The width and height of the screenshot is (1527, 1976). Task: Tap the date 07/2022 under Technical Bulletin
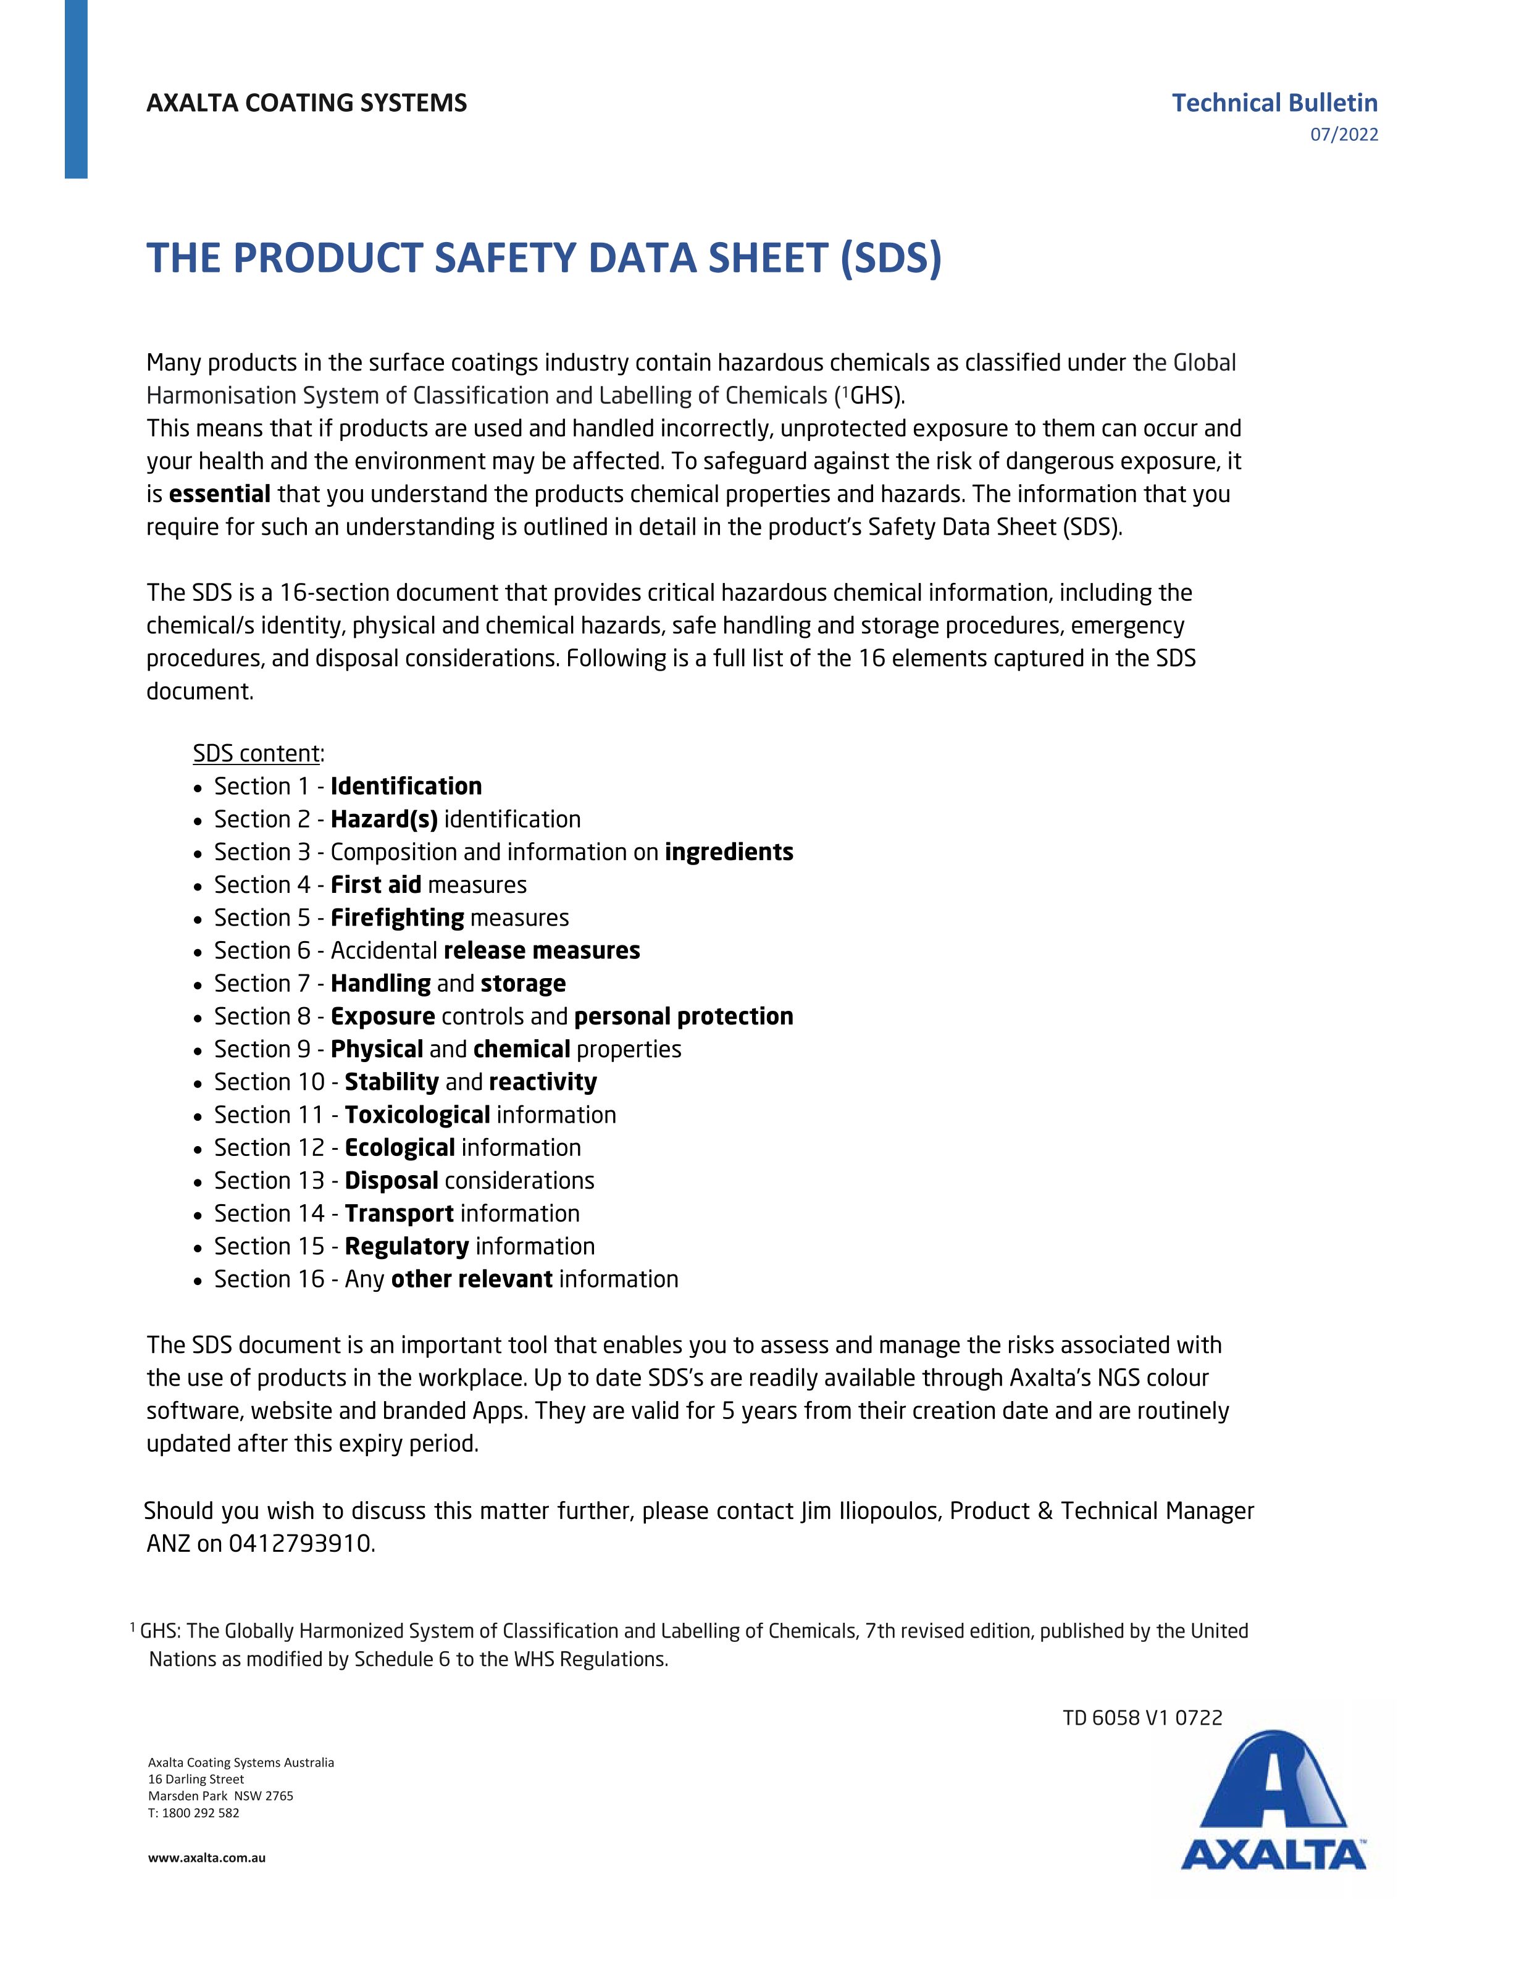pyautogui.click(x=1344, y=135)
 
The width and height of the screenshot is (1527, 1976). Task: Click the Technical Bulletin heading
pyautogui.click(x=1274, y=103)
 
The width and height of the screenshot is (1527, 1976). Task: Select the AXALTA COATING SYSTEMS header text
pyautogui.click(x=307, y=103)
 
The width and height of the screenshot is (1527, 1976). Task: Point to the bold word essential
pyautogui.click(x=220, y=494)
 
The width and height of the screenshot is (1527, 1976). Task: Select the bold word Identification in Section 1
pyautogui.click(x=406, y=786)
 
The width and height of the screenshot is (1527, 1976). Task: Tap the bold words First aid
pyautogui.click(x=375, y=885)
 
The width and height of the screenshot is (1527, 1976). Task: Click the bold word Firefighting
pyautogui.click(x=397, y=918)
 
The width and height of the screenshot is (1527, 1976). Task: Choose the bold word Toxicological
pyautogui.click(x=417, y=1115)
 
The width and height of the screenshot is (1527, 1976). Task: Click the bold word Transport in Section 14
pyautogui.click(x=399, y=1213)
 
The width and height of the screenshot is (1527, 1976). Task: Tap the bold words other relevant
pyautogui.click(x=471, y=1279)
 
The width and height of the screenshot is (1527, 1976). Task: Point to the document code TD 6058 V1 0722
pyautogui.click(x=1142, y=1717)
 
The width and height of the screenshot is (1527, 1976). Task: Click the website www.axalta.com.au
pyautogui.click(x=206, y=1859)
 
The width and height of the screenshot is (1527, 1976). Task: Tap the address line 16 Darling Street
pyautogui.click(x=196, y=1779)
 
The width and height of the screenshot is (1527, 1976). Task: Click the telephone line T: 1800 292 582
pyautogui.click(x=194, y=1813)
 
